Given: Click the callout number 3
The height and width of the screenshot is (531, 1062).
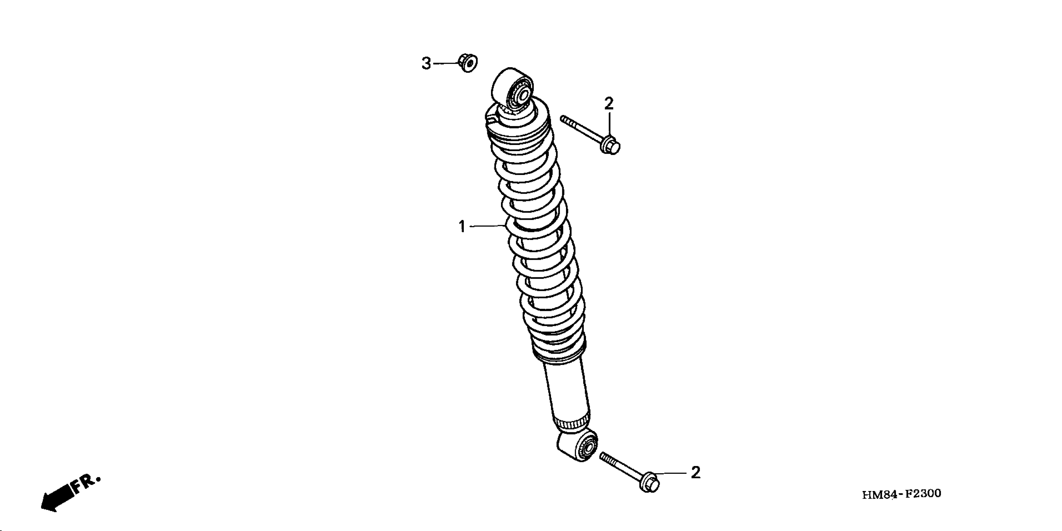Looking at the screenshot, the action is tap(426, 64).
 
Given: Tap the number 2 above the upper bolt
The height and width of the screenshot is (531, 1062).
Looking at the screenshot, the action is tap(609, 103).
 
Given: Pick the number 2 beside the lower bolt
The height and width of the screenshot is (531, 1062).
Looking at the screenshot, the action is tap(696, 473).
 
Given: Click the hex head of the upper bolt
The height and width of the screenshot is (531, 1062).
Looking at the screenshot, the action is tap(611, 146).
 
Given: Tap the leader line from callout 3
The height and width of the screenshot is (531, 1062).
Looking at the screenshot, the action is tap(444, 64).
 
